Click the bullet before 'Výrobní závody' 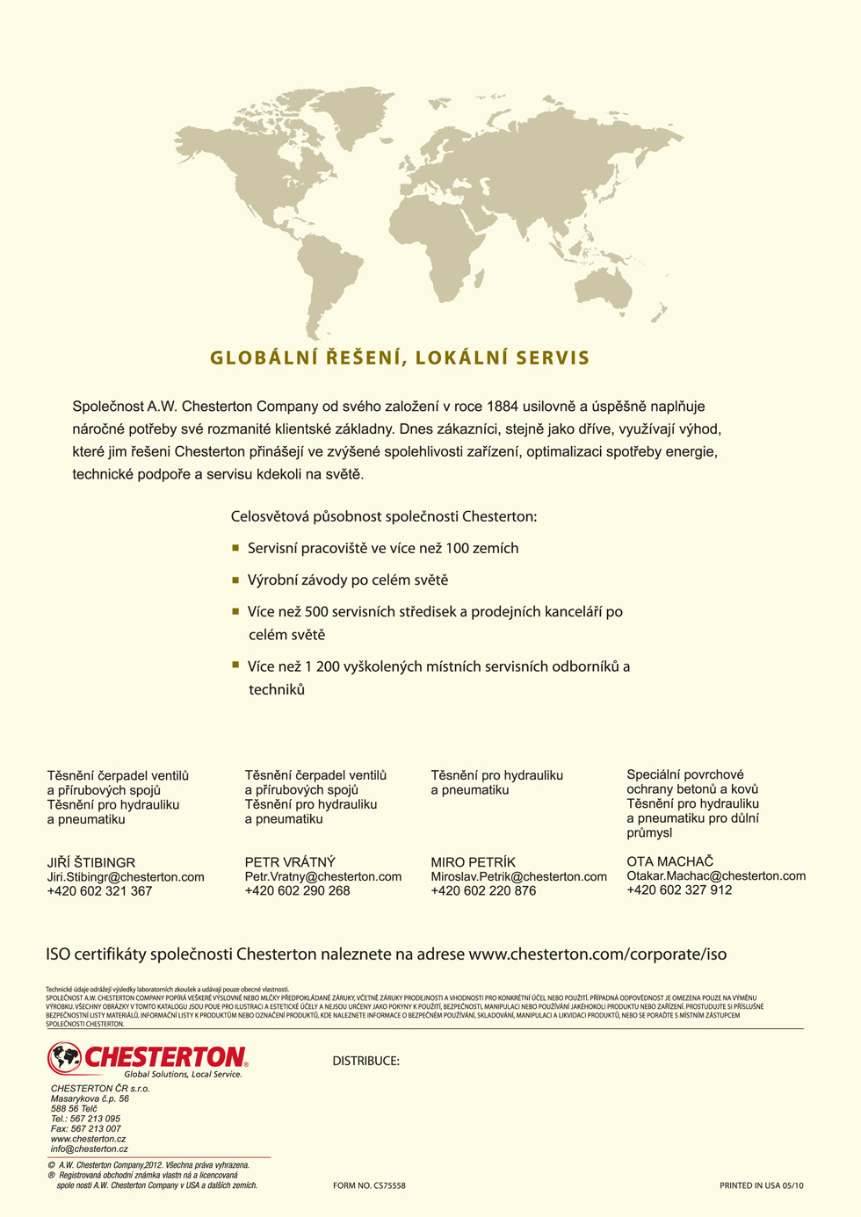coord(235,580)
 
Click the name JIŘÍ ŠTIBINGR coord(91,862)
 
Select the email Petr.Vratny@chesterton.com coord(322,876)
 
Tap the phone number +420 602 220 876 coord(483,890)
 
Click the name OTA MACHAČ coord(669,861)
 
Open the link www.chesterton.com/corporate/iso coord(597,954)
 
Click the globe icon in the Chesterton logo coord(64,1056)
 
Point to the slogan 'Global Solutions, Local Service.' coord(183,1074)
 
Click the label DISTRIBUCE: coord(365,1061)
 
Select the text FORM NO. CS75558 coord(369,1185)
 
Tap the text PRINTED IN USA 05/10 coord(761,1185)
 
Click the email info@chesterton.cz coord(89,1149)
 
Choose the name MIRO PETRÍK coord(473,862)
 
